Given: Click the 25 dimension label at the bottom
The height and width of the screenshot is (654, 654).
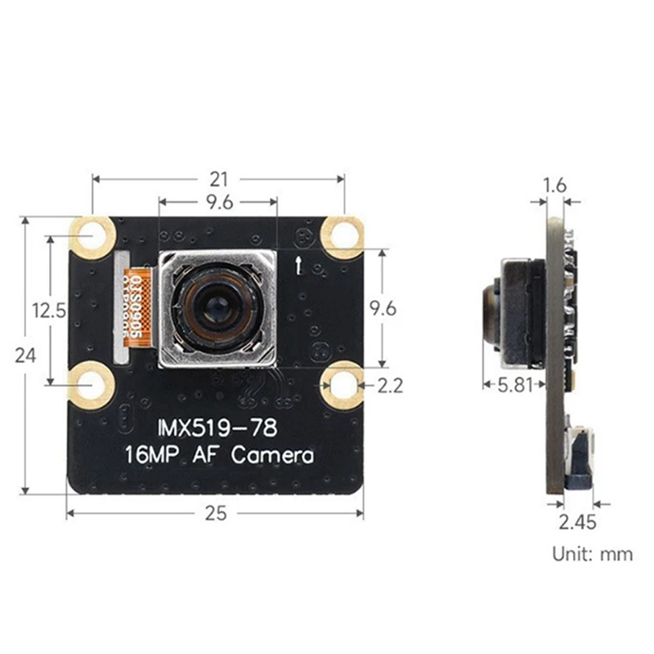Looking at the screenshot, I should (x=216, y=513).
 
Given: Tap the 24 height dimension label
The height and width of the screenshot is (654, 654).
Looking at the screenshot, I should (x=26, y=355).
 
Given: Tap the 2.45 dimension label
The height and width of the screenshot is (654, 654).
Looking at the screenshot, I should (x=578, y=522).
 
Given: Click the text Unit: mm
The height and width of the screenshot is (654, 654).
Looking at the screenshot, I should (x=592, y=554).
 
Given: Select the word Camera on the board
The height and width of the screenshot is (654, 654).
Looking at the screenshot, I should (x=272, y=455).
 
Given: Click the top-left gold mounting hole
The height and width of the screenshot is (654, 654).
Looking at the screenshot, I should (x=92, y=236).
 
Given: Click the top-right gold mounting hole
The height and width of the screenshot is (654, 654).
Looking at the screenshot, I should (x=343, y=235).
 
